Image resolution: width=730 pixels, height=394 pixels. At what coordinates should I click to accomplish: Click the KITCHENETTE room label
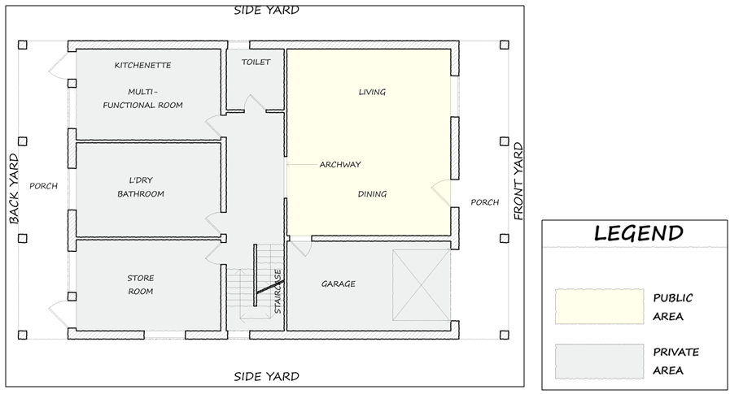pos(143,66)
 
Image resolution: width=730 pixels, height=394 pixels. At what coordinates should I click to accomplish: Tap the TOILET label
pos(256,62)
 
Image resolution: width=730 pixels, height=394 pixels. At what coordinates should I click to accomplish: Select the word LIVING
pos(372,92)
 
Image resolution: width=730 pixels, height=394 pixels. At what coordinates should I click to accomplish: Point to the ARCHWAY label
pos(340,164)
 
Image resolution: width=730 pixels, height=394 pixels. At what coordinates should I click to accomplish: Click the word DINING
pos(372,194)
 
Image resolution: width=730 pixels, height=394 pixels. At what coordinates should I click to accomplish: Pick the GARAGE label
pos(339,284)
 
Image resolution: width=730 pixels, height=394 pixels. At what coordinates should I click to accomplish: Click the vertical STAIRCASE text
pos(278,292)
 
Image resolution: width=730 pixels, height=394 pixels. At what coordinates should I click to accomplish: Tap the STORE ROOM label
pos(141,285)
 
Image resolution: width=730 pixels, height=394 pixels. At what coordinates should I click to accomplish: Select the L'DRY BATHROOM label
pos(141,187)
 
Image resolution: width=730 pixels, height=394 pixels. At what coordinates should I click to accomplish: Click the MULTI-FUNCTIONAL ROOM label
pos(143,98)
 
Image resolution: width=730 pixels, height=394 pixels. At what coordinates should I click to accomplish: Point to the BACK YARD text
pos(15,188)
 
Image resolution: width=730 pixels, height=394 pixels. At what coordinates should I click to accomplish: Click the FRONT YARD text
pos(518,181)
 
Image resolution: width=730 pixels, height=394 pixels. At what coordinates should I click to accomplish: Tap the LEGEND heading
pos(639,233)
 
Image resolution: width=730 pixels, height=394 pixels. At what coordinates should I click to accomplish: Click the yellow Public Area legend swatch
pos(599,306)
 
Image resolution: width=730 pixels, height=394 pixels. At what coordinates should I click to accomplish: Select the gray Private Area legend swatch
pos(599,362)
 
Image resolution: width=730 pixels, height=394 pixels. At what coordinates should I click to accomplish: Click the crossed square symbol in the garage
pos(422,285)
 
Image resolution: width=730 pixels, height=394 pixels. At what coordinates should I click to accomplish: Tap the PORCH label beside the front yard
pos(485,202)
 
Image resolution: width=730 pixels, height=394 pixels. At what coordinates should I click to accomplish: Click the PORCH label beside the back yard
pos(44,186)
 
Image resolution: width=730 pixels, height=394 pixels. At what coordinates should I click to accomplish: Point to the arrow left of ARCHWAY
pos(302,164)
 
